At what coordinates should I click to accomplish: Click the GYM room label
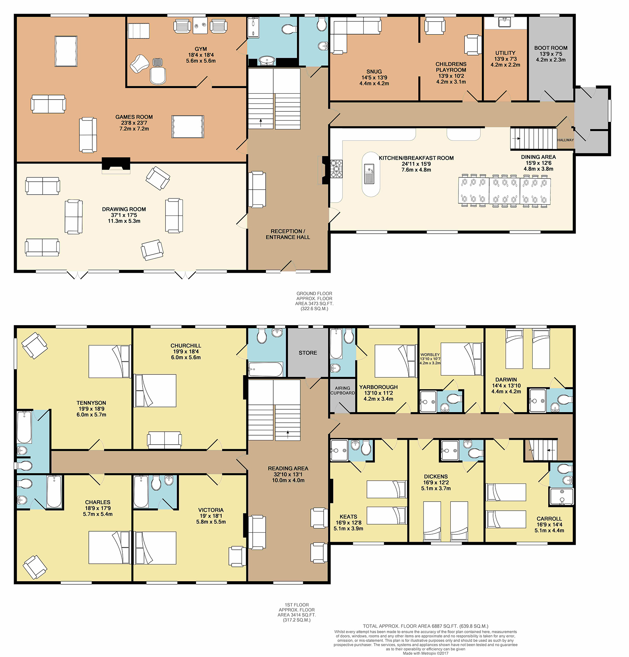[201, 49]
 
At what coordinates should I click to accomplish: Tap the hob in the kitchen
[337, 169]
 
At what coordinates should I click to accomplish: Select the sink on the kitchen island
[369, 174]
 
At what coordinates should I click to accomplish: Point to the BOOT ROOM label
[551, 48]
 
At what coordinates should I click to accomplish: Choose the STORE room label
[308, 353]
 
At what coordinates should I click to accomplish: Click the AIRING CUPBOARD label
[342, 390]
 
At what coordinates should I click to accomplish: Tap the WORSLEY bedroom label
[430, 355]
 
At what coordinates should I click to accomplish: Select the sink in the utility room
[505, 22]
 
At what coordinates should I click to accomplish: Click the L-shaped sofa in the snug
[353, 34]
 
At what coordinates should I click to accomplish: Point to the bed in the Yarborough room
[396, 361]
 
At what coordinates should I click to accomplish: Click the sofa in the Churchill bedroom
[164, 440]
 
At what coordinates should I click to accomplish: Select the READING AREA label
[288, 468]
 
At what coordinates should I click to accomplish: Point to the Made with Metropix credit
[425, 654]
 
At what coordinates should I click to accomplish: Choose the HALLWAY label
[565, 140]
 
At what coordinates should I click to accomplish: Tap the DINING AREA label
[538, 157]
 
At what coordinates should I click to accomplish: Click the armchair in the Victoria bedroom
[237, 556]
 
